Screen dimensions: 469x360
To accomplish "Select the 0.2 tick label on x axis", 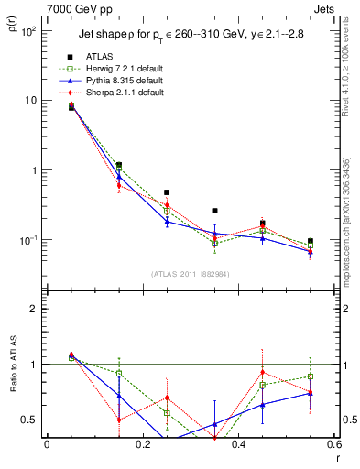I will click(142, 445).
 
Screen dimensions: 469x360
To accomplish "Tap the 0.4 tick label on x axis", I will click(238, 445).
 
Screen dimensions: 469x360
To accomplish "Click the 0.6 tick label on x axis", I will click(333, 445).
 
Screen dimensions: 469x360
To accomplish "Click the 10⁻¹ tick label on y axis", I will click(30, 240).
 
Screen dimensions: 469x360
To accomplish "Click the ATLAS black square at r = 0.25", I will click(167, 192).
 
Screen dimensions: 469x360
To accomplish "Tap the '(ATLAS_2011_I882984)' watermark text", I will click(190, 274).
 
